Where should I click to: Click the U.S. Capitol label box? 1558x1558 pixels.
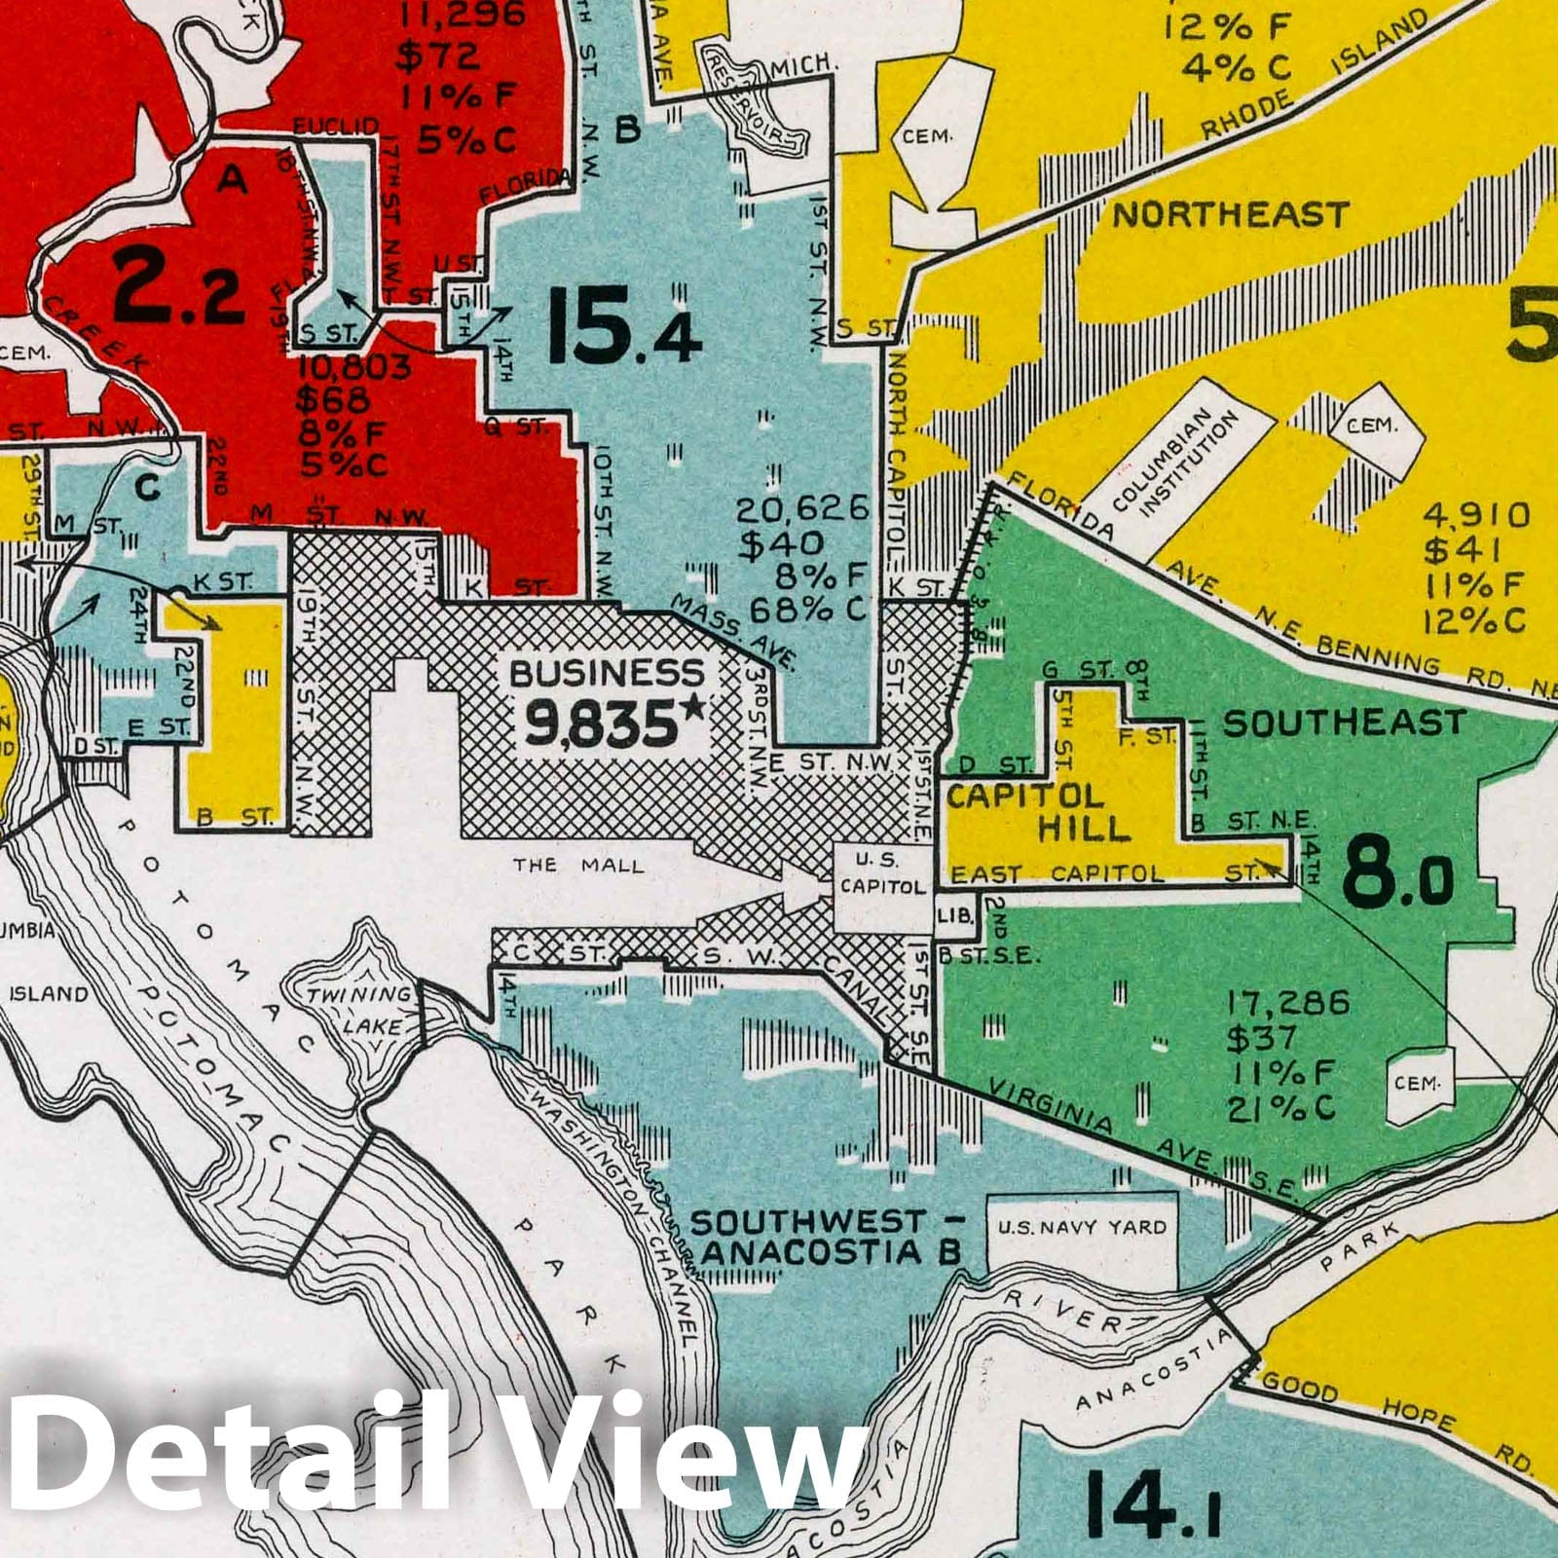pos(882,873)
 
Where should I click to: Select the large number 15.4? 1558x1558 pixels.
pos(624,334)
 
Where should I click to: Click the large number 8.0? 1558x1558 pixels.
pos(1397,875)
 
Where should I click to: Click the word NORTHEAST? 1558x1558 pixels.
pos(1231,215)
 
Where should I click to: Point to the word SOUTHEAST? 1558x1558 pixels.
pos(1343,723)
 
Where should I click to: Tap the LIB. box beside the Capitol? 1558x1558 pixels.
pos(953,916)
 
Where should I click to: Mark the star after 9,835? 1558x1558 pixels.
pos(692,711)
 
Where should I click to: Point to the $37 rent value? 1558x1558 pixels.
pos(1262,1039)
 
